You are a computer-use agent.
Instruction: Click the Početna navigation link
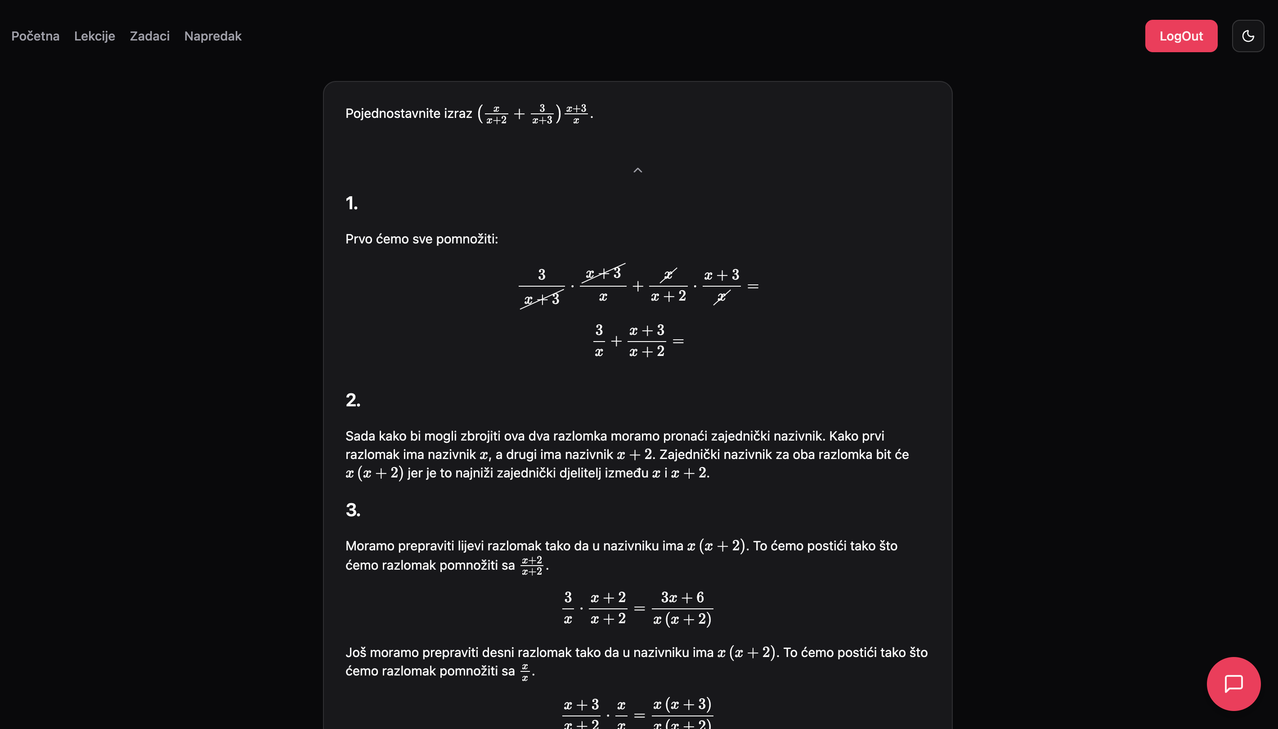tap(35, 36)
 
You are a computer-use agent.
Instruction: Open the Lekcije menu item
tap(94, 36)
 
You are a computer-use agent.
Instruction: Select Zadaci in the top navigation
tap(150, 36)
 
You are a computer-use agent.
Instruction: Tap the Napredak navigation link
tap(213, 36)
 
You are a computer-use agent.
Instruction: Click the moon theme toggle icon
tap(1247, 36)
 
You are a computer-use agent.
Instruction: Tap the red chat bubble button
tap(1233, 684)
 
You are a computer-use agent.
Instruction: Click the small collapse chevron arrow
tap(637, 170)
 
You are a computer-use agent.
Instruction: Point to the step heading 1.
tap(351, 203)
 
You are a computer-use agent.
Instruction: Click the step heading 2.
tap(353, 400)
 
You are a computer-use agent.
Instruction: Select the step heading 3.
tap(353, 510)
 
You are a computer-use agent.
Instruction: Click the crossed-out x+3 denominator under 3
tap(542, 299)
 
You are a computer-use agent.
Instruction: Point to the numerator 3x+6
tap(682, 597)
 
